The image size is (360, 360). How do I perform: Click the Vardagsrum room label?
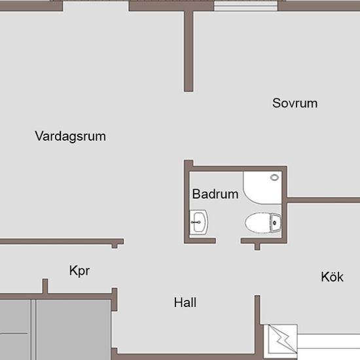coord(70,136)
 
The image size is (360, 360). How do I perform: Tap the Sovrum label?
coord(295,103)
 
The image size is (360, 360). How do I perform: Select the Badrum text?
coord(215,194)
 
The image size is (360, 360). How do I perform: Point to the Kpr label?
coord(79,271)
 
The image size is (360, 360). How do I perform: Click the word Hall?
coord(185,302)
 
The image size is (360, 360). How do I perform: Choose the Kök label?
coord(332,276)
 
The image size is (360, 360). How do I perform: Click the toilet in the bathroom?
coord(263,223)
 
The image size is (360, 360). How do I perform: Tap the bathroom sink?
coord(199,223)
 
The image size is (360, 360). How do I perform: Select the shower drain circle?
coord(274,177)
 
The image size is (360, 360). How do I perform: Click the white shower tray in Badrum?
coord(262,187)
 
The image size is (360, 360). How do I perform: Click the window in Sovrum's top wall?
coord(246,6)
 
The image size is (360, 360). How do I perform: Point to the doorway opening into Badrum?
coord(228,241)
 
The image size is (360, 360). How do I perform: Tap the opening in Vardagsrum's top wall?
coord(96,5)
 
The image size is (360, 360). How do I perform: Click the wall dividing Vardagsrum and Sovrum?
coord(189,52)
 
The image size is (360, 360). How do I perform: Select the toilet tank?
coord(276,223)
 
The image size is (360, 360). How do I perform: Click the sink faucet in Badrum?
coord(196,223)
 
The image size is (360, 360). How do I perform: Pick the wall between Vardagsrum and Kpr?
coord(62,242)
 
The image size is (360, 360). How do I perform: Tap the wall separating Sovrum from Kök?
coord(323,200)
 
